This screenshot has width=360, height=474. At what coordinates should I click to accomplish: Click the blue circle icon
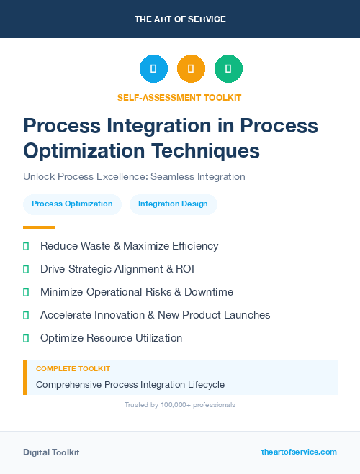click(153, 69)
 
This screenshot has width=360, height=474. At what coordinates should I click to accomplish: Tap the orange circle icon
click(191, 69)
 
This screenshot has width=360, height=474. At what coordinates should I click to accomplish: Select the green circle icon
click(228, 69)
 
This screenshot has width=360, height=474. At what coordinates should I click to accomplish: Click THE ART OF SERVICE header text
click(180, 19)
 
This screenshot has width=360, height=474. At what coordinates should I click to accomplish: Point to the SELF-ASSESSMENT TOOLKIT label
click(179, 97)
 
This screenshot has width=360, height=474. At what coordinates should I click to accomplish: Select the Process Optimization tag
click(72, 204)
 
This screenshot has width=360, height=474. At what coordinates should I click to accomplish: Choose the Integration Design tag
click(173, 204)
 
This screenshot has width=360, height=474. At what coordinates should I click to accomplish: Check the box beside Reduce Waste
click(26, 246)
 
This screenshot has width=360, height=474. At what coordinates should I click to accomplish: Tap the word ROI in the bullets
click(184, 269)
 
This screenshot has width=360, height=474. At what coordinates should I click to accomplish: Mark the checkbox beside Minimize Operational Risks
click(26, 292)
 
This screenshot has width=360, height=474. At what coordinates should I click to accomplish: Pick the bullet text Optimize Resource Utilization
click(111, 338)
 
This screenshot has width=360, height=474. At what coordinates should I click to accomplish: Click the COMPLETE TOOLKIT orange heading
click(73, 369)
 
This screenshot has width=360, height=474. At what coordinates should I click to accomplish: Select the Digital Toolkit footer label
click(51, 452)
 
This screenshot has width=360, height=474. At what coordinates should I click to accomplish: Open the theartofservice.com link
click(299, 452)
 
